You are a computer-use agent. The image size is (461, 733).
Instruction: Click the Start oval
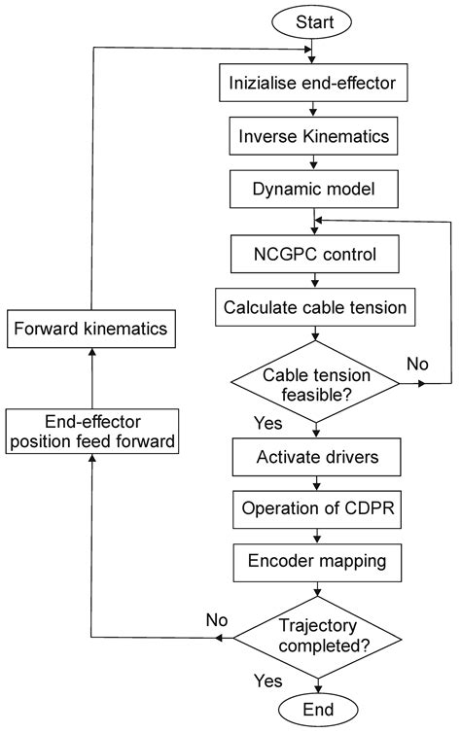[317, 20]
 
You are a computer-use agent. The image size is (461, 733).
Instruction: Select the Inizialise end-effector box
[317, 84]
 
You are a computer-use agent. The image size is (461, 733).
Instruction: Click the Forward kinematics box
[90, 330]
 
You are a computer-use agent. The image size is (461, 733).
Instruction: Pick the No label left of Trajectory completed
[217, 619]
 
